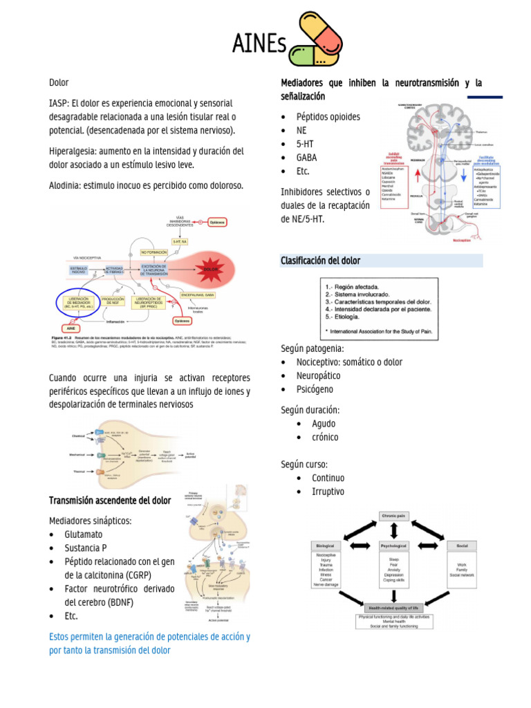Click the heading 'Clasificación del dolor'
[320, 261]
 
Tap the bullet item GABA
[307, 158]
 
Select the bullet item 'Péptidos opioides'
[328, 117]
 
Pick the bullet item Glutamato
[83, 534]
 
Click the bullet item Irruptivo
[328, 492]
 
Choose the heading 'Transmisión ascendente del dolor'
[110, 500]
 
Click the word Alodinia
[66, 185]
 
